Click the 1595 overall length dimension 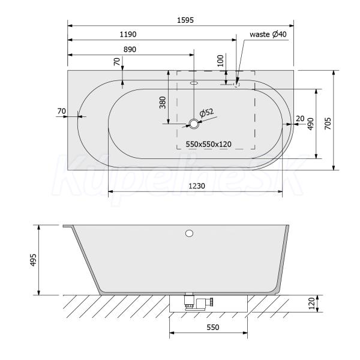[185, 20]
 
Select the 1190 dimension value [128, 34]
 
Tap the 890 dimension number [130, 50]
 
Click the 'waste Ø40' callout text [268, 34]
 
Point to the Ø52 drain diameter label [206, 113]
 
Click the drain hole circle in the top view [194, 124]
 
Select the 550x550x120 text [208, 144]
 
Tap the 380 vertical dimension [163, 103]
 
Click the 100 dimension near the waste [220, 61]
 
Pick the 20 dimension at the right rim [300, 119]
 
